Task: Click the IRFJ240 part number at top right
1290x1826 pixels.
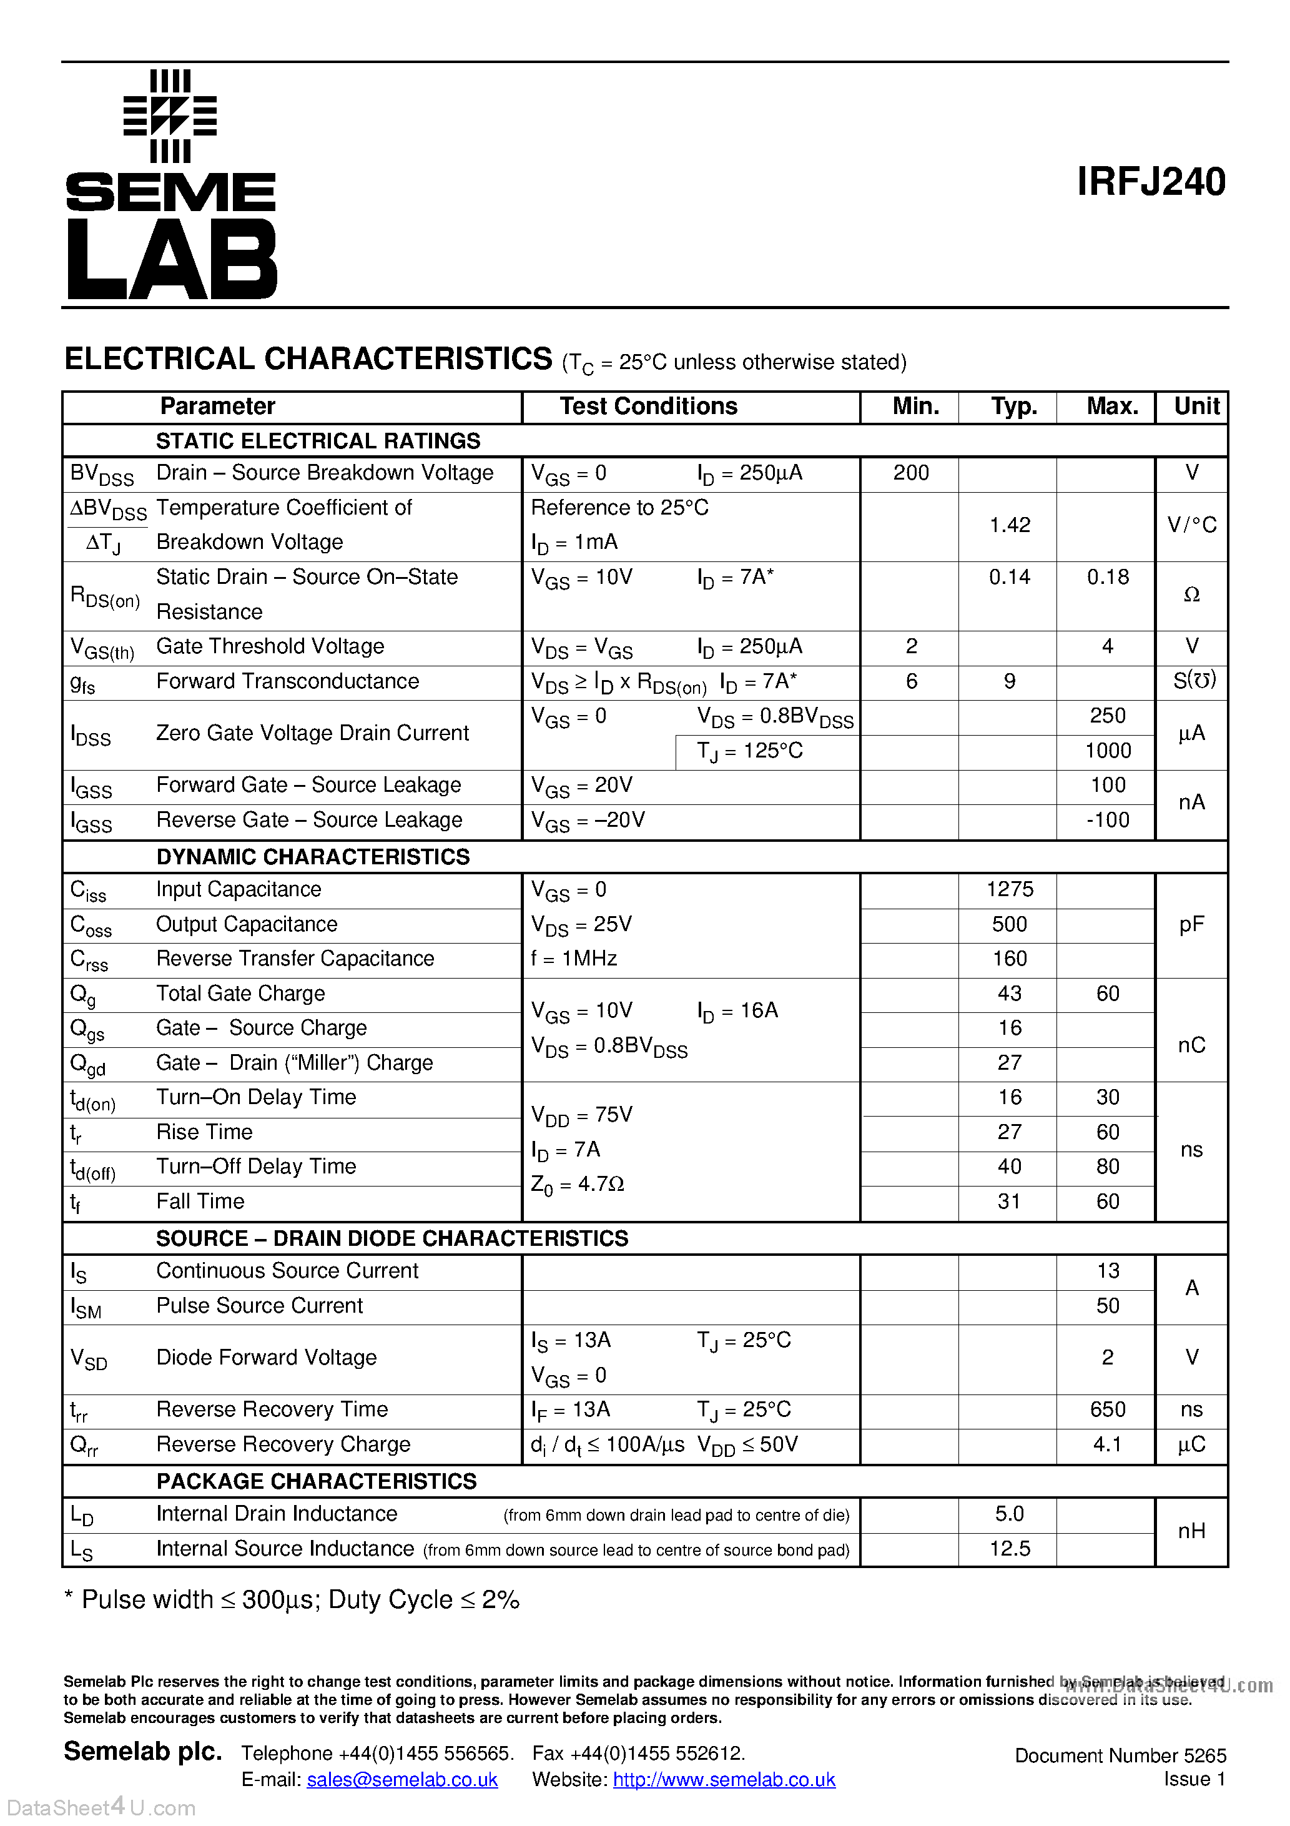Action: click(x=1150, y=182)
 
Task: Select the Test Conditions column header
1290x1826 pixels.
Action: click(x=648, y=407)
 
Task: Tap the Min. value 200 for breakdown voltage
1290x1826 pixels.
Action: click(x=910, y=473)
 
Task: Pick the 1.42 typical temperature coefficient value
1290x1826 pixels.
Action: click(x=1009, y=525)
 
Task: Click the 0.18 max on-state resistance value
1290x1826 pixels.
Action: click(x=1107, y=578)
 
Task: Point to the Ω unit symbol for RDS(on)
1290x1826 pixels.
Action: click(x=1191, y=595)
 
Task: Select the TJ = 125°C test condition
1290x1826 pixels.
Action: click(x=750, y=751)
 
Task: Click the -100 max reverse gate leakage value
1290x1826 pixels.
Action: click(x=1107, y=820)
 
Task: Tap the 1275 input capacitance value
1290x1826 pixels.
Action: click(x=1009, y=889)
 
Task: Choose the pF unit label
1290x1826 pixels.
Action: click(x=1191, y=924)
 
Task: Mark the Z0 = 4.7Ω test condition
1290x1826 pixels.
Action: click(x=578, y=1184)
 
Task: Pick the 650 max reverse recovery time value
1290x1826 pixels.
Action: click(x=1107, y=1409)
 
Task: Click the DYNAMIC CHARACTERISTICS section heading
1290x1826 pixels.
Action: click(x=313, y=857)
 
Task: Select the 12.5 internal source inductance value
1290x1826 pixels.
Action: click(x=1009, y=1549)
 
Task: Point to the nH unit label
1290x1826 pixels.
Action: click(x=1191, y=1531)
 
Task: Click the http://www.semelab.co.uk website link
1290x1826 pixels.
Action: click(x=724, y=1779)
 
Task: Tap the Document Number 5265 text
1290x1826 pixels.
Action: click(x=1120, y=1755)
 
